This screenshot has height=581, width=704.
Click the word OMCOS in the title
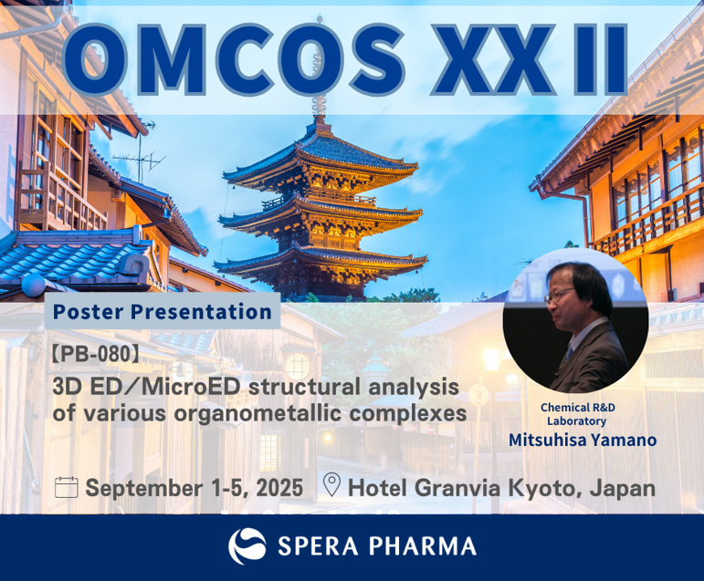coord(234,59)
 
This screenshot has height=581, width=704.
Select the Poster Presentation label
coord(163,311)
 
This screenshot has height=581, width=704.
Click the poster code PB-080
coord(95,355)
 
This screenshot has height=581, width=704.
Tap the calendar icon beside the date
coord(67,487)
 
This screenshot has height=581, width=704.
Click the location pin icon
coord(331,485)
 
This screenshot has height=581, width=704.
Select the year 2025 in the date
coord(279,488)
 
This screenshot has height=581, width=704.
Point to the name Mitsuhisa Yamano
coord(583,440)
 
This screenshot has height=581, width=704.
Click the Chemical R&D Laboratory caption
coord(577,414)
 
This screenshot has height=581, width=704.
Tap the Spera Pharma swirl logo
coord(247,546)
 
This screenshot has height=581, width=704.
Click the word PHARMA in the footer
coord(423,546)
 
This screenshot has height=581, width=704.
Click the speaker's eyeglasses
coord(558,296)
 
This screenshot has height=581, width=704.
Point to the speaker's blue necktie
coord(569,352)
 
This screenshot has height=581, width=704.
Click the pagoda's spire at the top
coord(320,67)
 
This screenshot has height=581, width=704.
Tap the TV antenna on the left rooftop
coord(140,154)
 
